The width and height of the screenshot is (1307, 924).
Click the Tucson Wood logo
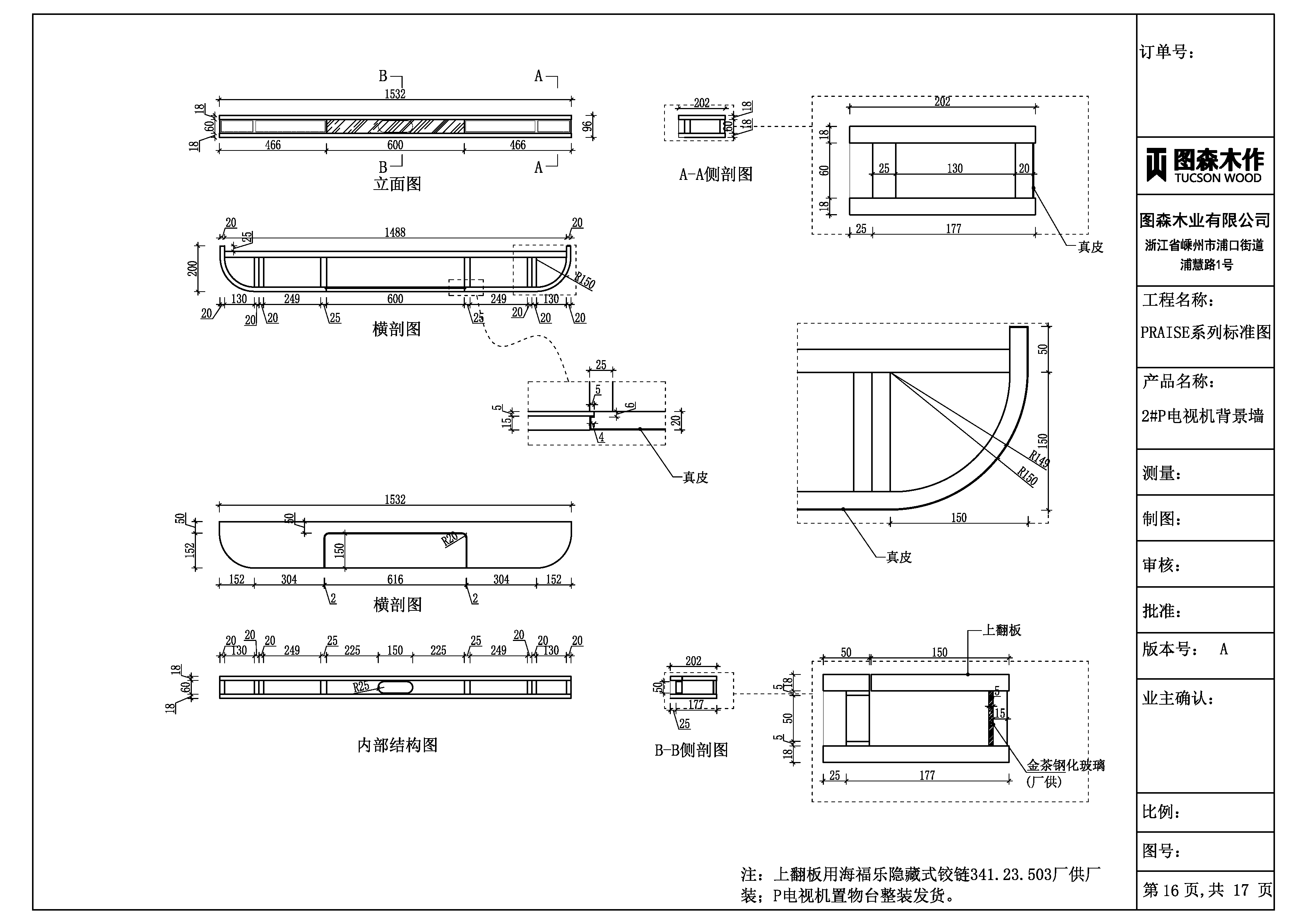click(1205, 165)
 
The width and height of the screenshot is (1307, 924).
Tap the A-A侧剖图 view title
click(716, 174)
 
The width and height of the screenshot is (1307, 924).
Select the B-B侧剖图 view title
click(691, 750)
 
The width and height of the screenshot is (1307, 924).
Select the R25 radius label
click(361, 687)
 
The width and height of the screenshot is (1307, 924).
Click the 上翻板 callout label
click(1002, 630)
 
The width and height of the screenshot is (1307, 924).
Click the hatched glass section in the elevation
click(395, 126)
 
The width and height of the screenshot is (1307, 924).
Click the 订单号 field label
click(1167, 53)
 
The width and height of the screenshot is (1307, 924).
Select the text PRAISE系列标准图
click(1205, 333)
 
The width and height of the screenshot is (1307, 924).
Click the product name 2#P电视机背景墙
click(1202, 416)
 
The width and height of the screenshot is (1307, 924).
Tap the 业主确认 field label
click(1178, 699)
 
